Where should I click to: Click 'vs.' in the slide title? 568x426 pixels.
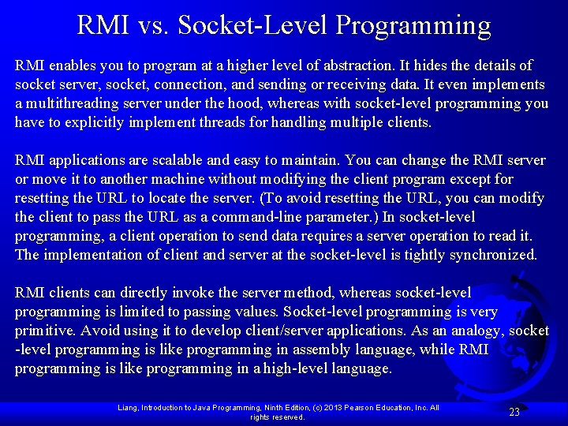(150, 25)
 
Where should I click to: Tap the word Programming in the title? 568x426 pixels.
(413, 25)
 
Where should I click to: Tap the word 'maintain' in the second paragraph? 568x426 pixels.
(309, 160)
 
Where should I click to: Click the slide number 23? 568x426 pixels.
(514, 412)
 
